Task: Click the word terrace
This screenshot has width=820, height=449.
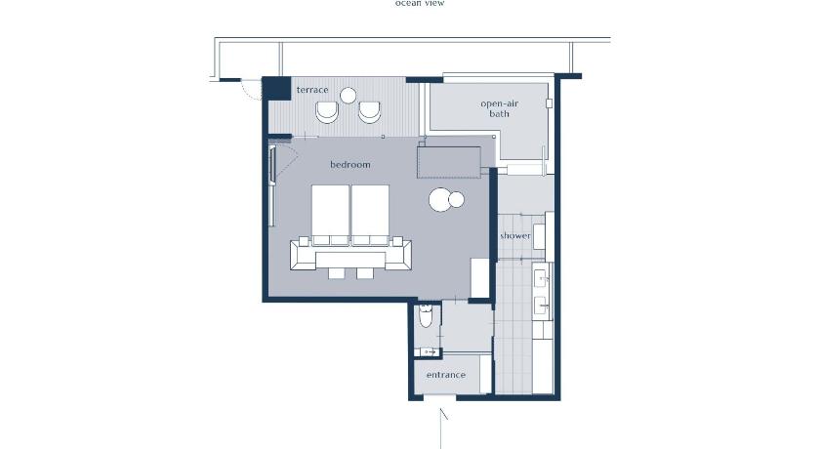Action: click(x=312, y=90)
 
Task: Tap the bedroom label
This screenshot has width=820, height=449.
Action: click(x=349, y=165)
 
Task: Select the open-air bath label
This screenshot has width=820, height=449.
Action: click(x=500, y=108)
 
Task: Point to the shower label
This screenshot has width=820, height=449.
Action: click(x=515, y=236)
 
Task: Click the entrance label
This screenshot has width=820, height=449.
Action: click(x=445, y=375)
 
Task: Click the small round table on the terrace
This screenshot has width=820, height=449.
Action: click(x=348, y=96)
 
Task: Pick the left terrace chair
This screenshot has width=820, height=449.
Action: click(x=327, y=112)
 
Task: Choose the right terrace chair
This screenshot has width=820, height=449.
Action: click(x=370, y=112)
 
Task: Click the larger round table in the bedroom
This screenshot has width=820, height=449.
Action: click(x=440, y=199)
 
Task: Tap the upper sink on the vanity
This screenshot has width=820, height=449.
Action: click(x=541, y=278)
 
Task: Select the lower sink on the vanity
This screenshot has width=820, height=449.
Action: click(x=541, y=306)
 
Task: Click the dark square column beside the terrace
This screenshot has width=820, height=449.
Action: click(x=276, y=88)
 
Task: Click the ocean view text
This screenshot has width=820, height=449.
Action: click(x=420, y=3)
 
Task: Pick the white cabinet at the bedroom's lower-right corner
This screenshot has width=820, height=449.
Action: click(x=479, y=277)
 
